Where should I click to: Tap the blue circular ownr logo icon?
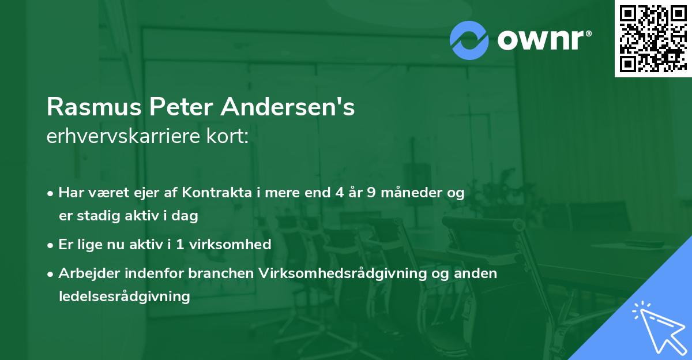click(x=469, y=40)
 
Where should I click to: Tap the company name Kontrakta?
click(x=217, y=193)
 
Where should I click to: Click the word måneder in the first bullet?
click(x=413, y=193)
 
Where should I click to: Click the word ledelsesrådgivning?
click(x=124, y=297)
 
